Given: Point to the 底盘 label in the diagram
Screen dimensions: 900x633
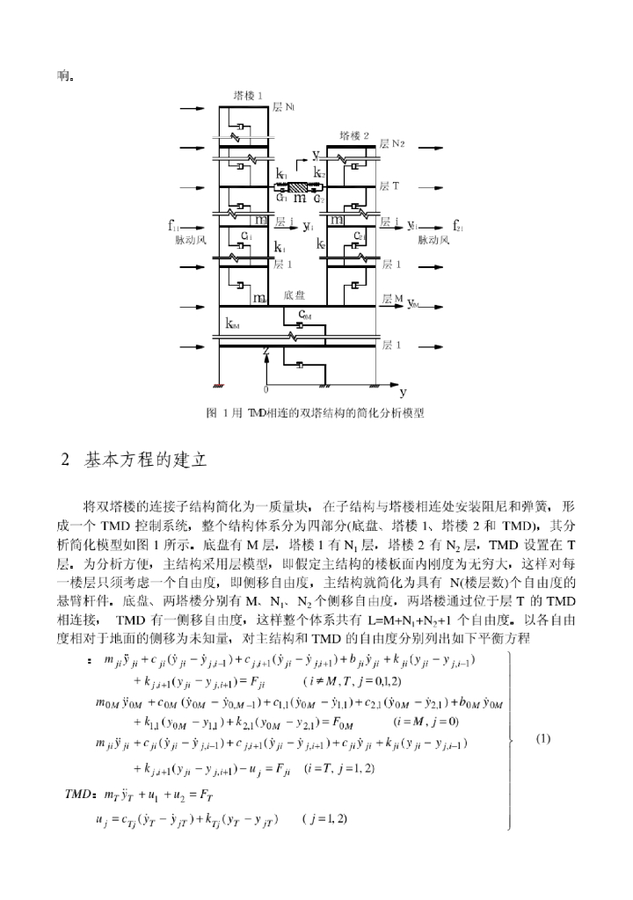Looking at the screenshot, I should [x=295, y=296].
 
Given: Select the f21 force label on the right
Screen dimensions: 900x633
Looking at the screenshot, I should [x=459, y=226].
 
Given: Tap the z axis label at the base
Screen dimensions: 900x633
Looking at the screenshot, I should [x=265, y=350].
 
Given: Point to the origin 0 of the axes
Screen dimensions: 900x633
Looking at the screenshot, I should [x=266, y=388].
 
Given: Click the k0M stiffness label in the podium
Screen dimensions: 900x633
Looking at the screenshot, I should [x=232, y=325].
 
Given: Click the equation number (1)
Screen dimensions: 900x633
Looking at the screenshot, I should [x=543, y=738].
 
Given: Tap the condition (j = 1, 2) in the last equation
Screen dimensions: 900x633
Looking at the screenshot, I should [x=324, y=819].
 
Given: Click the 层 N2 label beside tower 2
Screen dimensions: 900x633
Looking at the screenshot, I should [x=392, y=143].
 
